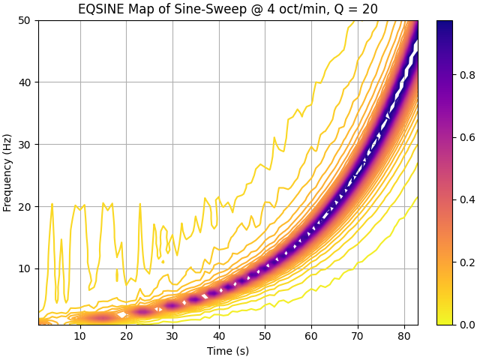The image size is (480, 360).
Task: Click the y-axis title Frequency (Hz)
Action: [7, 173]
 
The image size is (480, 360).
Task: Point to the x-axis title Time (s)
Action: [228, 351]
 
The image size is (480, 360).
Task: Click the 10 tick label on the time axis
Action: [80, 336]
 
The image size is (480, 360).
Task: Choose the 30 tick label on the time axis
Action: [172, 336]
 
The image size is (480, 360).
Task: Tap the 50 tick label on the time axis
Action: [265, 336]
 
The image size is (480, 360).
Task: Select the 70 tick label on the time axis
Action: [358, 336]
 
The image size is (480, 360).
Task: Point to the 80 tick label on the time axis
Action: [404, 336]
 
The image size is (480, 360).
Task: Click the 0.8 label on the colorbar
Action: [467, 75]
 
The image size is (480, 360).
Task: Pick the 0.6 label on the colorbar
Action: [467, 137]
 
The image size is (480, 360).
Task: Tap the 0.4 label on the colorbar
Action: [467, 199]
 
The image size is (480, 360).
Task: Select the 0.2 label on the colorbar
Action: [467, 262]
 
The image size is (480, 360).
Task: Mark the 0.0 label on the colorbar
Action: [467, 325]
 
